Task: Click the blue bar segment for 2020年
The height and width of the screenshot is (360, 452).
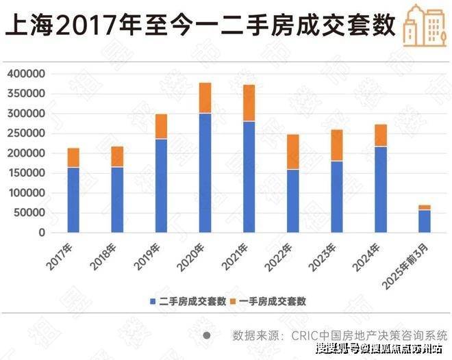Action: [x=205, y=173]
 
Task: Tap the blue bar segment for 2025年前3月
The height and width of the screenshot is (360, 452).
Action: [x=424, y=221]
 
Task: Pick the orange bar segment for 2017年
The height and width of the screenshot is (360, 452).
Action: [x=73, y=157]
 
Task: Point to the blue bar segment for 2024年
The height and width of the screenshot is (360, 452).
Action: [x=380, y=190]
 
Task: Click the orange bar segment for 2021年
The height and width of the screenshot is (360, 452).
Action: [x=249, y=103]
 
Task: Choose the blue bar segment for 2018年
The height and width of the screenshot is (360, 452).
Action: [x=117, y=200]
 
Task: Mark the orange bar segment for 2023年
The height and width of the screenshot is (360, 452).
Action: [x=336, y=145]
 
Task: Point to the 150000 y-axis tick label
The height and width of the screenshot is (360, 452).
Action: [x=26, y=173]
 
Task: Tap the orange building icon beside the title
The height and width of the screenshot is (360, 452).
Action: [x=420, y=24]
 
